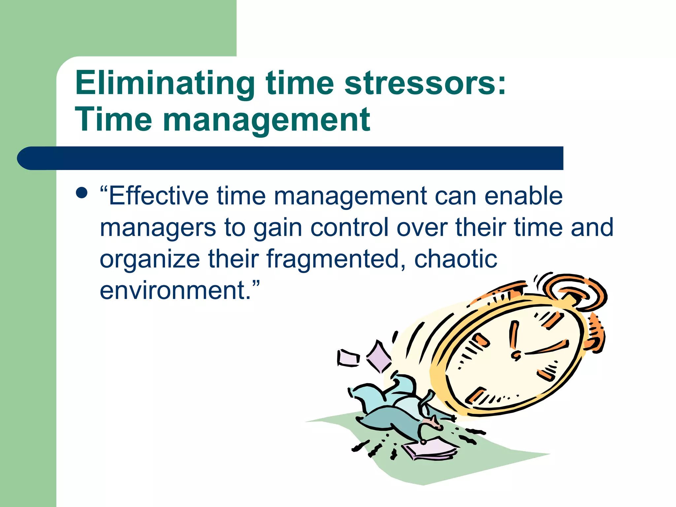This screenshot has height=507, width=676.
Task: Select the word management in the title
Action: click(x=266, y=120)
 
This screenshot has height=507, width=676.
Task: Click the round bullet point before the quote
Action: click(x=82, y=193)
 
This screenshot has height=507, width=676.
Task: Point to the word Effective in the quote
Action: click(x=158, y=196)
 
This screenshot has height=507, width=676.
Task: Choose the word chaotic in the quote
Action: click(x=456, y=259)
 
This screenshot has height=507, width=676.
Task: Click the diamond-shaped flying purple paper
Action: click(x=379, y=357)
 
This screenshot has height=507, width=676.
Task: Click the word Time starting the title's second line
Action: click(x=114, y=120)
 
